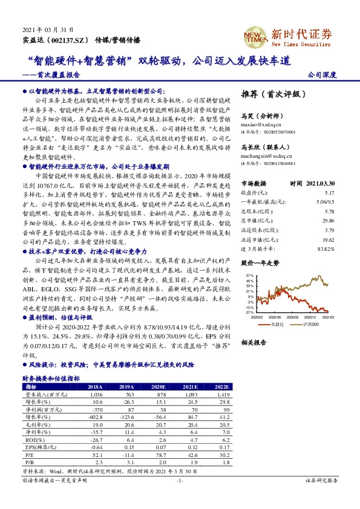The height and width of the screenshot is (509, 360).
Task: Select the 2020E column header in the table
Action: tap(159, 386)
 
